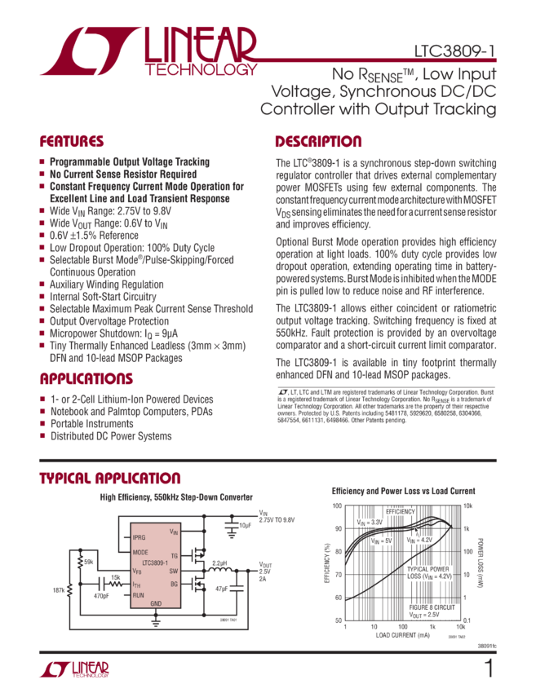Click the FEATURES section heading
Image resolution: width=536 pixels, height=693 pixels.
click(72, 140)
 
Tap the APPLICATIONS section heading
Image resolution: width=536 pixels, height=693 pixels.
click(86, 379)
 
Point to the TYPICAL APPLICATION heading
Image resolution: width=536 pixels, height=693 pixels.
click(110, 478)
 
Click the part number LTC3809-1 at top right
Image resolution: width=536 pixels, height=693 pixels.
click(456, 51)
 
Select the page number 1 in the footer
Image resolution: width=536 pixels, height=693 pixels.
click(489, 669)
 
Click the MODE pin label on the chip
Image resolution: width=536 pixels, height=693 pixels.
click(140, 552)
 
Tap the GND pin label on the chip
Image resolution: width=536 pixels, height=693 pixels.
click(156, 603)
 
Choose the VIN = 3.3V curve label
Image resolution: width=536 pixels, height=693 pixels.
click(370, 521)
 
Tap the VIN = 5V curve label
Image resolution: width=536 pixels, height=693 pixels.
click(382, 540)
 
